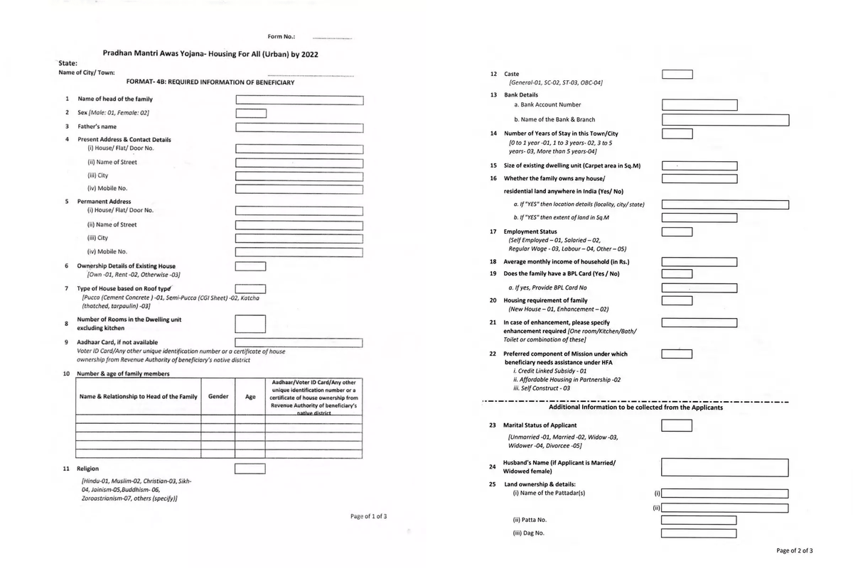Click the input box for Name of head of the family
[299, 99]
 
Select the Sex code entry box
[251, 113]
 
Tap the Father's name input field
[299, 127]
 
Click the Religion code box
[251, 469]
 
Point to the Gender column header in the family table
[218, 396]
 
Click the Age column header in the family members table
[250, 397]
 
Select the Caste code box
[677, 75]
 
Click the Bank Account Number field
[699, 105]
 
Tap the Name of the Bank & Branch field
[725, 120]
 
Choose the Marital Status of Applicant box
[677, 426]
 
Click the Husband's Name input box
[724, 467]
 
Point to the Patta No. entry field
[699, 520]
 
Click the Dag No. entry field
[699, 534]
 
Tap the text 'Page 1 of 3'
[368, 516]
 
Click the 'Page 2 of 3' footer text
[795, 550]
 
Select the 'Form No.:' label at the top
[281, 36]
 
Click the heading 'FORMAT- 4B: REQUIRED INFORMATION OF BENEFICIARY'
[210, 82]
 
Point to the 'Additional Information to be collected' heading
[635, 408]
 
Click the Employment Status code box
[677, 231]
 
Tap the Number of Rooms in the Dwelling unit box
[251, 324]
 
